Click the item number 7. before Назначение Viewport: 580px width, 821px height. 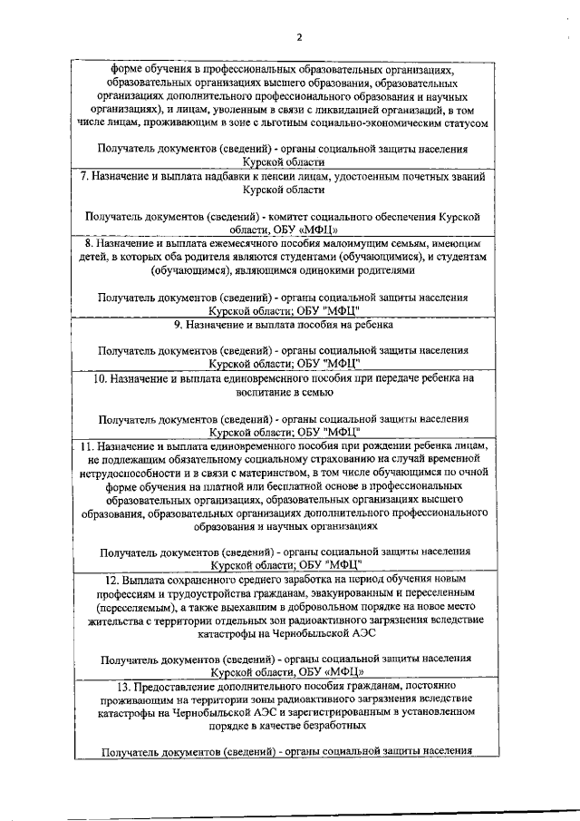(83, 176)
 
